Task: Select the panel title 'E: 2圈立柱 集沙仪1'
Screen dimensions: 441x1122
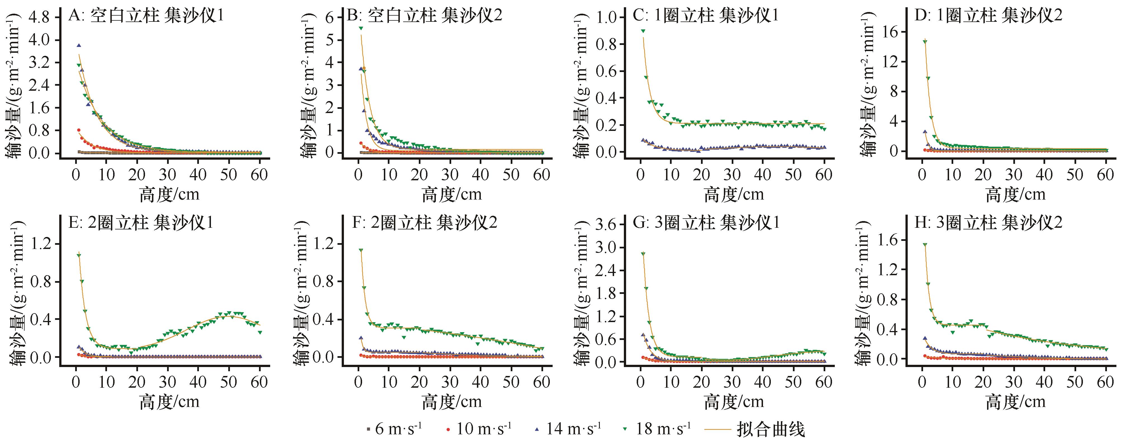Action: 141,223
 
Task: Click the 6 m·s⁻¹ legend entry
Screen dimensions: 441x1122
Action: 394,429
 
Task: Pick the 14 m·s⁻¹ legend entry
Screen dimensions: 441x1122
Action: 569,429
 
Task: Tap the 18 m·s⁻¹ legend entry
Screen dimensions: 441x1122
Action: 657,429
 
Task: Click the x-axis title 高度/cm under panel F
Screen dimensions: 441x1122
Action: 451,401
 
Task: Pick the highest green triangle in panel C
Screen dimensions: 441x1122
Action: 643,31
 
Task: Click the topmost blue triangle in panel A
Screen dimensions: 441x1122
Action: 79,45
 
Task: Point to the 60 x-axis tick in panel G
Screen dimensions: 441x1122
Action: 824,382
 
